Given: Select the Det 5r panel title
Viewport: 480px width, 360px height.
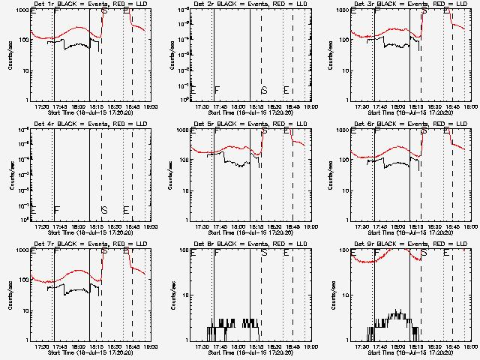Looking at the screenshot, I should coord(251,124).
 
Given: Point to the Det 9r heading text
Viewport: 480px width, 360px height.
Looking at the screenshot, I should coord(411,244).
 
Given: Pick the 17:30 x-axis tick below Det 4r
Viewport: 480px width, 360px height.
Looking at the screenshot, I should coord(42,226).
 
